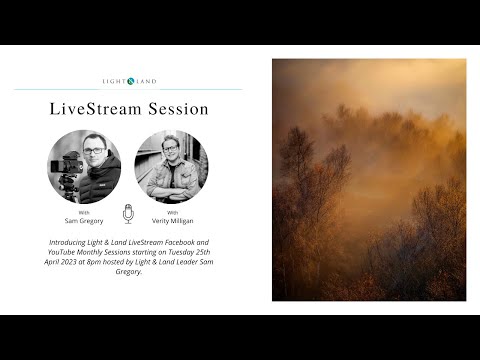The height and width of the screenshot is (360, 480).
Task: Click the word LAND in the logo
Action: click(x=145, y=81)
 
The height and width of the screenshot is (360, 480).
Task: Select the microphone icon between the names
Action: click(x=128, y=214)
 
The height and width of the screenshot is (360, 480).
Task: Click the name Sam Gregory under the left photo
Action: click(x=84, y=220)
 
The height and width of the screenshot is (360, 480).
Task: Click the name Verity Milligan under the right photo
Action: click(x=172, y=220)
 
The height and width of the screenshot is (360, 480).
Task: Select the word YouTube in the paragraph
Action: click(x=65, y=253)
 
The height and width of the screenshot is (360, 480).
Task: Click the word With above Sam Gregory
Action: click(x=84, y=212)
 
